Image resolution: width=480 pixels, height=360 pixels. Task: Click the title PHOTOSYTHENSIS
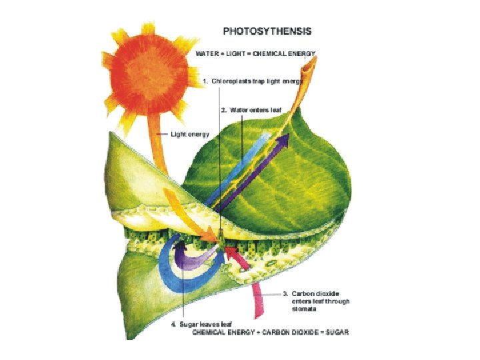coord(267,31)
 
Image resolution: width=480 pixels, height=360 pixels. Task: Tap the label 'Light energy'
coord(190,134)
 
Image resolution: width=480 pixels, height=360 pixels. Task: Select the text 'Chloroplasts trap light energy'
coord(257,81)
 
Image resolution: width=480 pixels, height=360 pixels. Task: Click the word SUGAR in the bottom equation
coord(336,331)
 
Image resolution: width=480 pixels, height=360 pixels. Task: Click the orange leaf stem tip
coord(314,63)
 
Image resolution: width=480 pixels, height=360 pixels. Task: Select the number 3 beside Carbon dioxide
coord(285,293)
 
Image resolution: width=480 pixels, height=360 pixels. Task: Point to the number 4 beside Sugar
coord(173,324)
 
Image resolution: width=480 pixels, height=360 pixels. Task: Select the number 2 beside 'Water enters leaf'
coord(223,110)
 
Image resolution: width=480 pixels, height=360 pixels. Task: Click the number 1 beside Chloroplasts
coord(205,81)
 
